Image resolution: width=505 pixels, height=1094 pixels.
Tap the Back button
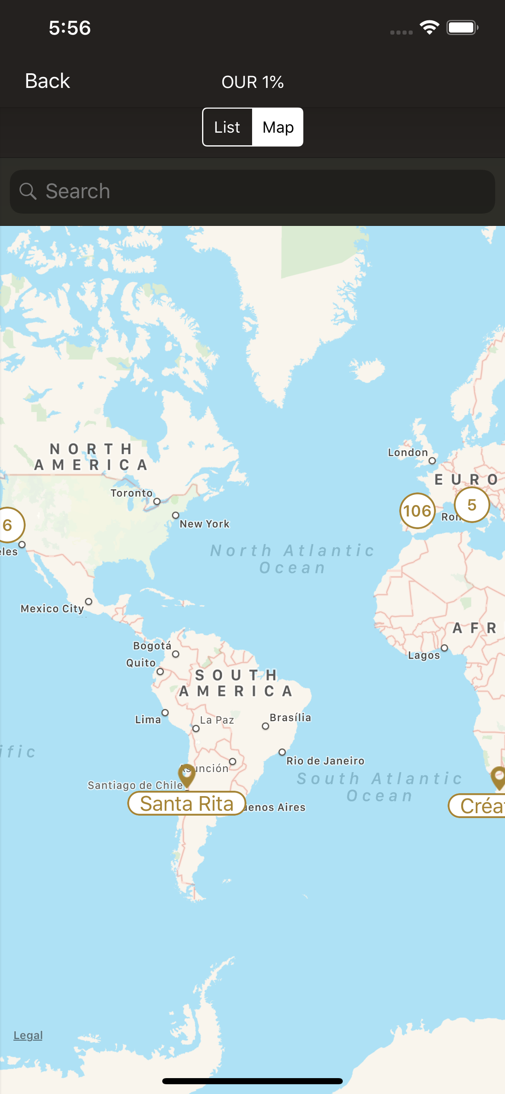click(47, 81)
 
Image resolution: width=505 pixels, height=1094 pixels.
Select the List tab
click(227, 127)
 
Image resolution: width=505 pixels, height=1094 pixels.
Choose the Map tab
click(278, 127)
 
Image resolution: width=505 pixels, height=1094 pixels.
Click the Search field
click(252, 192)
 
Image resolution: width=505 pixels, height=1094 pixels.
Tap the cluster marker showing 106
click(417, 510)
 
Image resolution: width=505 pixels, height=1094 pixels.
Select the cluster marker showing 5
click(472, 505)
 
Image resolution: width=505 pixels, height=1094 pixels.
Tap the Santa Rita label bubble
click(187, 803)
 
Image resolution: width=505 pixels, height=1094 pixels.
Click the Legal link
click(28, 1035)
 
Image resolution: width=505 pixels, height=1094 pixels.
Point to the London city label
click(407, 452)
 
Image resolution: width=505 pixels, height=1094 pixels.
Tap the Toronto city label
click(132, 493)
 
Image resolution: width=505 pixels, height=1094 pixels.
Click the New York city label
click(205, 524)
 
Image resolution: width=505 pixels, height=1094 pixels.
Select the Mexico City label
click(52, 608)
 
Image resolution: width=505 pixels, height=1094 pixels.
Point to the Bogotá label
click(152, 646)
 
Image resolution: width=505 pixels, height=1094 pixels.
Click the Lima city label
click(148, 720)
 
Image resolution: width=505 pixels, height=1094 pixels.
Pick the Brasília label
click(290, 717)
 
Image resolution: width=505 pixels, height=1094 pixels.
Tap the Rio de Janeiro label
click(325, 761)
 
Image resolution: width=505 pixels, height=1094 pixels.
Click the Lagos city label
click(424, 655)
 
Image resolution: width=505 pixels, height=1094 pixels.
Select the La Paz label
click(217, 720)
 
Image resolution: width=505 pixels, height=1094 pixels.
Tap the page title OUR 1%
click(252, 81)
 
